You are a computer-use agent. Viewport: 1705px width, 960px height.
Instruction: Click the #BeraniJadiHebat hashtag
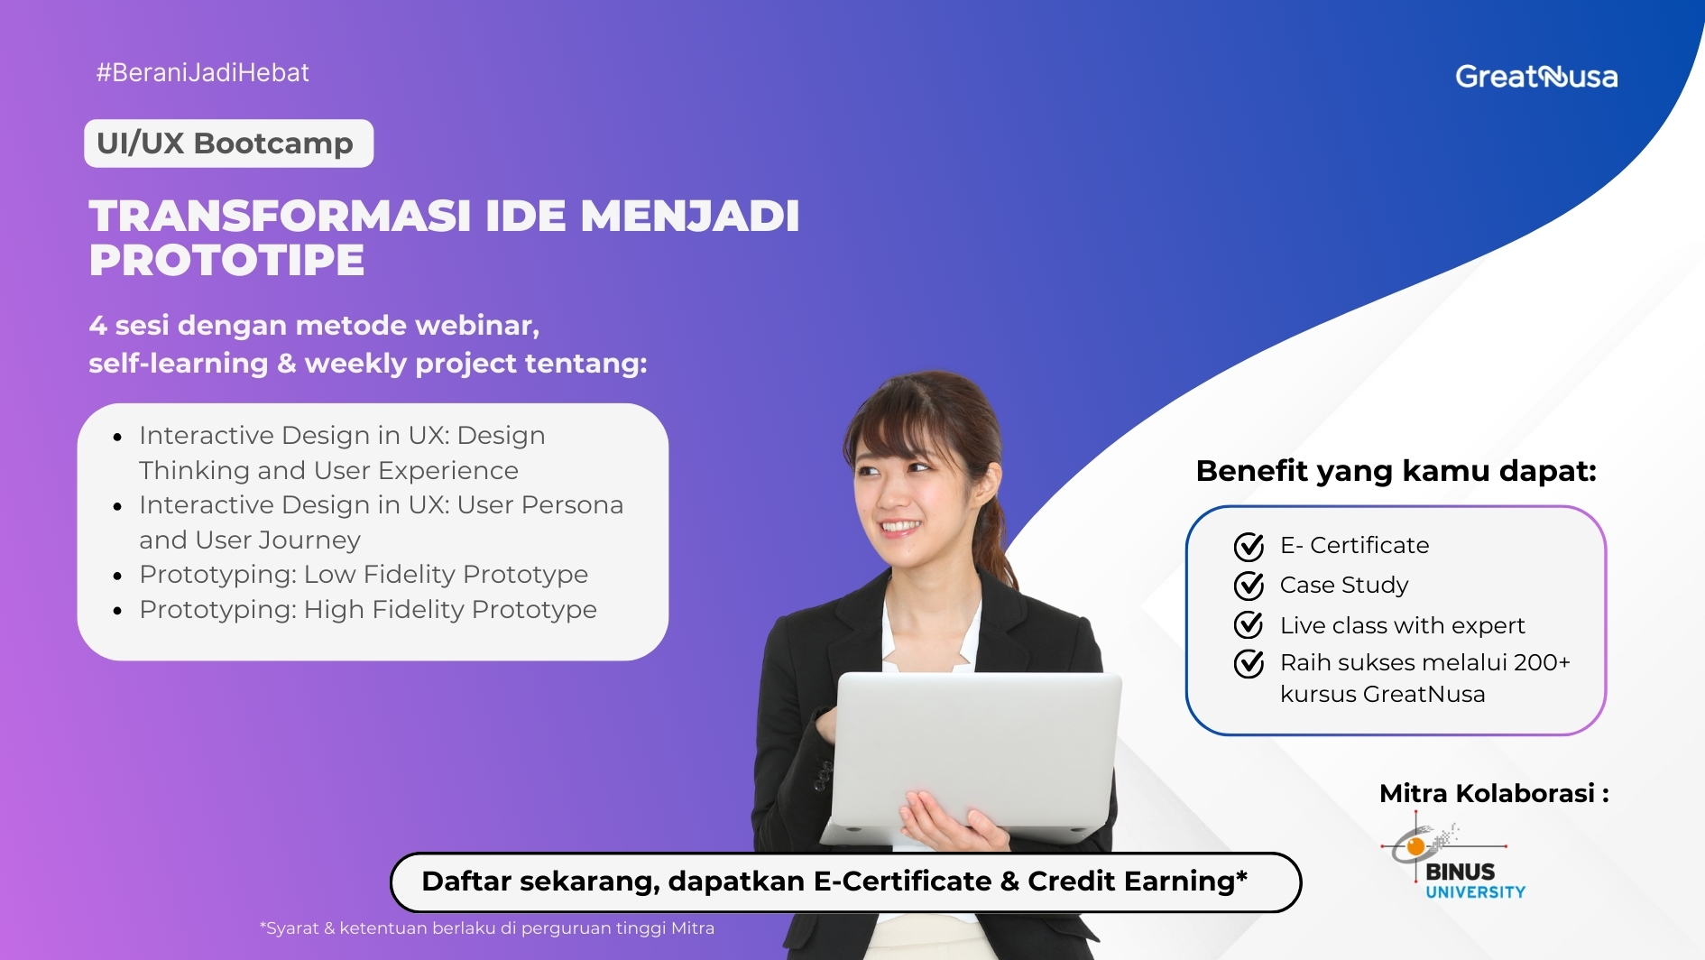tap(203, 73)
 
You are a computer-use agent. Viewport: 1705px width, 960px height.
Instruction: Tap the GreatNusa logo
tap(1535, 77)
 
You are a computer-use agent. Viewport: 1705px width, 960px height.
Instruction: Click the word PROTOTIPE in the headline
tap(226, 261)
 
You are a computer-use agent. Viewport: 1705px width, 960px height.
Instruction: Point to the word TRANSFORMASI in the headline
tap(280, 217)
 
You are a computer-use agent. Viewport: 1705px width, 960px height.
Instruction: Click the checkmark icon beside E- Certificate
tap(1249, 546)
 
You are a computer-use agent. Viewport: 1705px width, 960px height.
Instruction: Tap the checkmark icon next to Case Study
tap(1249, 586)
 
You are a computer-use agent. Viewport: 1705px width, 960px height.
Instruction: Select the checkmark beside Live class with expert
tap(1249, 624)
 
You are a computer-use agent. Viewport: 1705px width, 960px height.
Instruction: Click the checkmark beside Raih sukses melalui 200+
tap(1249, 664)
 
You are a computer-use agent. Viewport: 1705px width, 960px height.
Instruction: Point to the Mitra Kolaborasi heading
tap(1493, 794)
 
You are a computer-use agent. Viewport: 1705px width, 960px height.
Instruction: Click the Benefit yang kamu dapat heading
tap(1396, 471)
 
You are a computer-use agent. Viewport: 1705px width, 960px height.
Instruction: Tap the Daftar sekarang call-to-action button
tap(845, 882)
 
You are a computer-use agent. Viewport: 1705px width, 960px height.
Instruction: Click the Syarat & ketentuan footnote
tap(487, 928)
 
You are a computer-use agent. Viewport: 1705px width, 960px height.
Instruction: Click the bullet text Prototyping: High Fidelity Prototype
tap(367, 610)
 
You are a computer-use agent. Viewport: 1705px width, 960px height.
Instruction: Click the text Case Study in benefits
tap(1343, 586)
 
